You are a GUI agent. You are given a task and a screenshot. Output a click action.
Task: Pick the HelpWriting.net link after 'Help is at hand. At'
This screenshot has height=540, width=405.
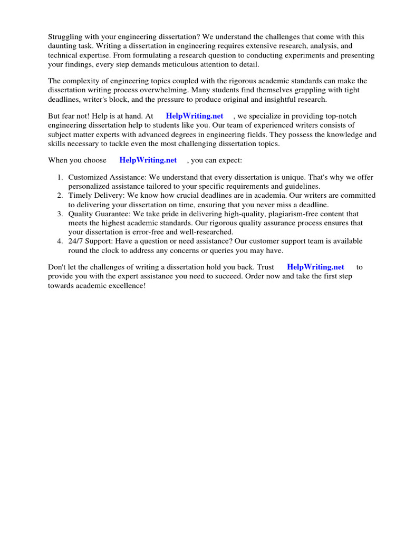[195, 116]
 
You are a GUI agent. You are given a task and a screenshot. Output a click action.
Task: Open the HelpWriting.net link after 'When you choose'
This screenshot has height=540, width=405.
[148, 160]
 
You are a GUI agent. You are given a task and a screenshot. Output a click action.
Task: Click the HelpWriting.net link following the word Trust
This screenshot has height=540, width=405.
[315, 267]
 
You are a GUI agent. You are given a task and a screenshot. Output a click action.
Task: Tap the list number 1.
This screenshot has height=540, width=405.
[60, 178]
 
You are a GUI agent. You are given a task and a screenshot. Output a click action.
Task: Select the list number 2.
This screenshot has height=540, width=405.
[60, 195]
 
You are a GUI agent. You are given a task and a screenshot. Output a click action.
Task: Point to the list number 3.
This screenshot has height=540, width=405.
[60, 214]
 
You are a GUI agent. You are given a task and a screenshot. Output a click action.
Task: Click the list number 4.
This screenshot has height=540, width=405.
[60, 241]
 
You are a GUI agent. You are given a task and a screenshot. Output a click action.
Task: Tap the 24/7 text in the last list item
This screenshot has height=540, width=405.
[75, 241]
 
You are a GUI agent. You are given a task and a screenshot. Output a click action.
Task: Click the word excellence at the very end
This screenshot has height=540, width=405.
[127, 285]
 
